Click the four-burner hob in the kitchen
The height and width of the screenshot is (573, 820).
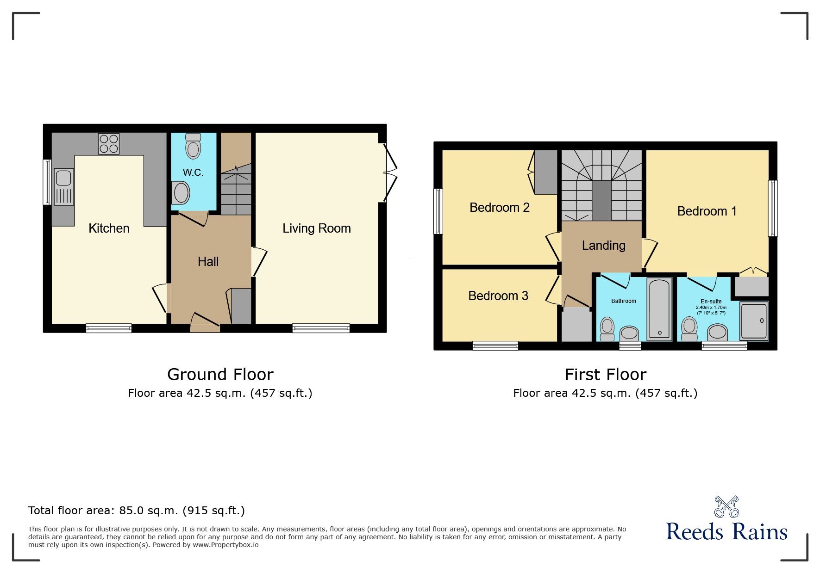click(109, 143)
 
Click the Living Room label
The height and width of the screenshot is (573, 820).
click(316, 228)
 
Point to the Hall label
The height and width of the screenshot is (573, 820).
click(208, 262)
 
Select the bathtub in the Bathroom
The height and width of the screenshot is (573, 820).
click(659, 308)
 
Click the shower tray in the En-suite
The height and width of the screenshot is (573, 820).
click(753, 321)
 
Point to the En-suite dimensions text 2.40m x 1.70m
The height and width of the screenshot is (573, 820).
click(711, 308)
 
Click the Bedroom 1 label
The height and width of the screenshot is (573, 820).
click(707, 211)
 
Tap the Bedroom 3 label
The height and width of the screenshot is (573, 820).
click(498, 296)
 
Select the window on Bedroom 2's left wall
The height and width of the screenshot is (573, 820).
click(438, 211)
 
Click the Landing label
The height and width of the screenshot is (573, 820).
click(603, 246)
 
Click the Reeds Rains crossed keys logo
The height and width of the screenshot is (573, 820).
click(726, 507)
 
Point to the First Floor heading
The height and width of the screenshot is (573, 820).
click(605, 374)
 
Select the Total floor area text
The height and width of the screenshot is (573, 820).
click(136, 511)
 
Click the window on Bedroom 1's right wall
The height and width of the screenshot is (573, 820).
click(772, 208)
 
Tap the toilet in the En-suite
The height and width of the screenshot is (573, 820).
click(689, 328)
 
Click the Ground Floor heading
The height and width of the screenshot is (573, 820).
click(220, 374)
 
